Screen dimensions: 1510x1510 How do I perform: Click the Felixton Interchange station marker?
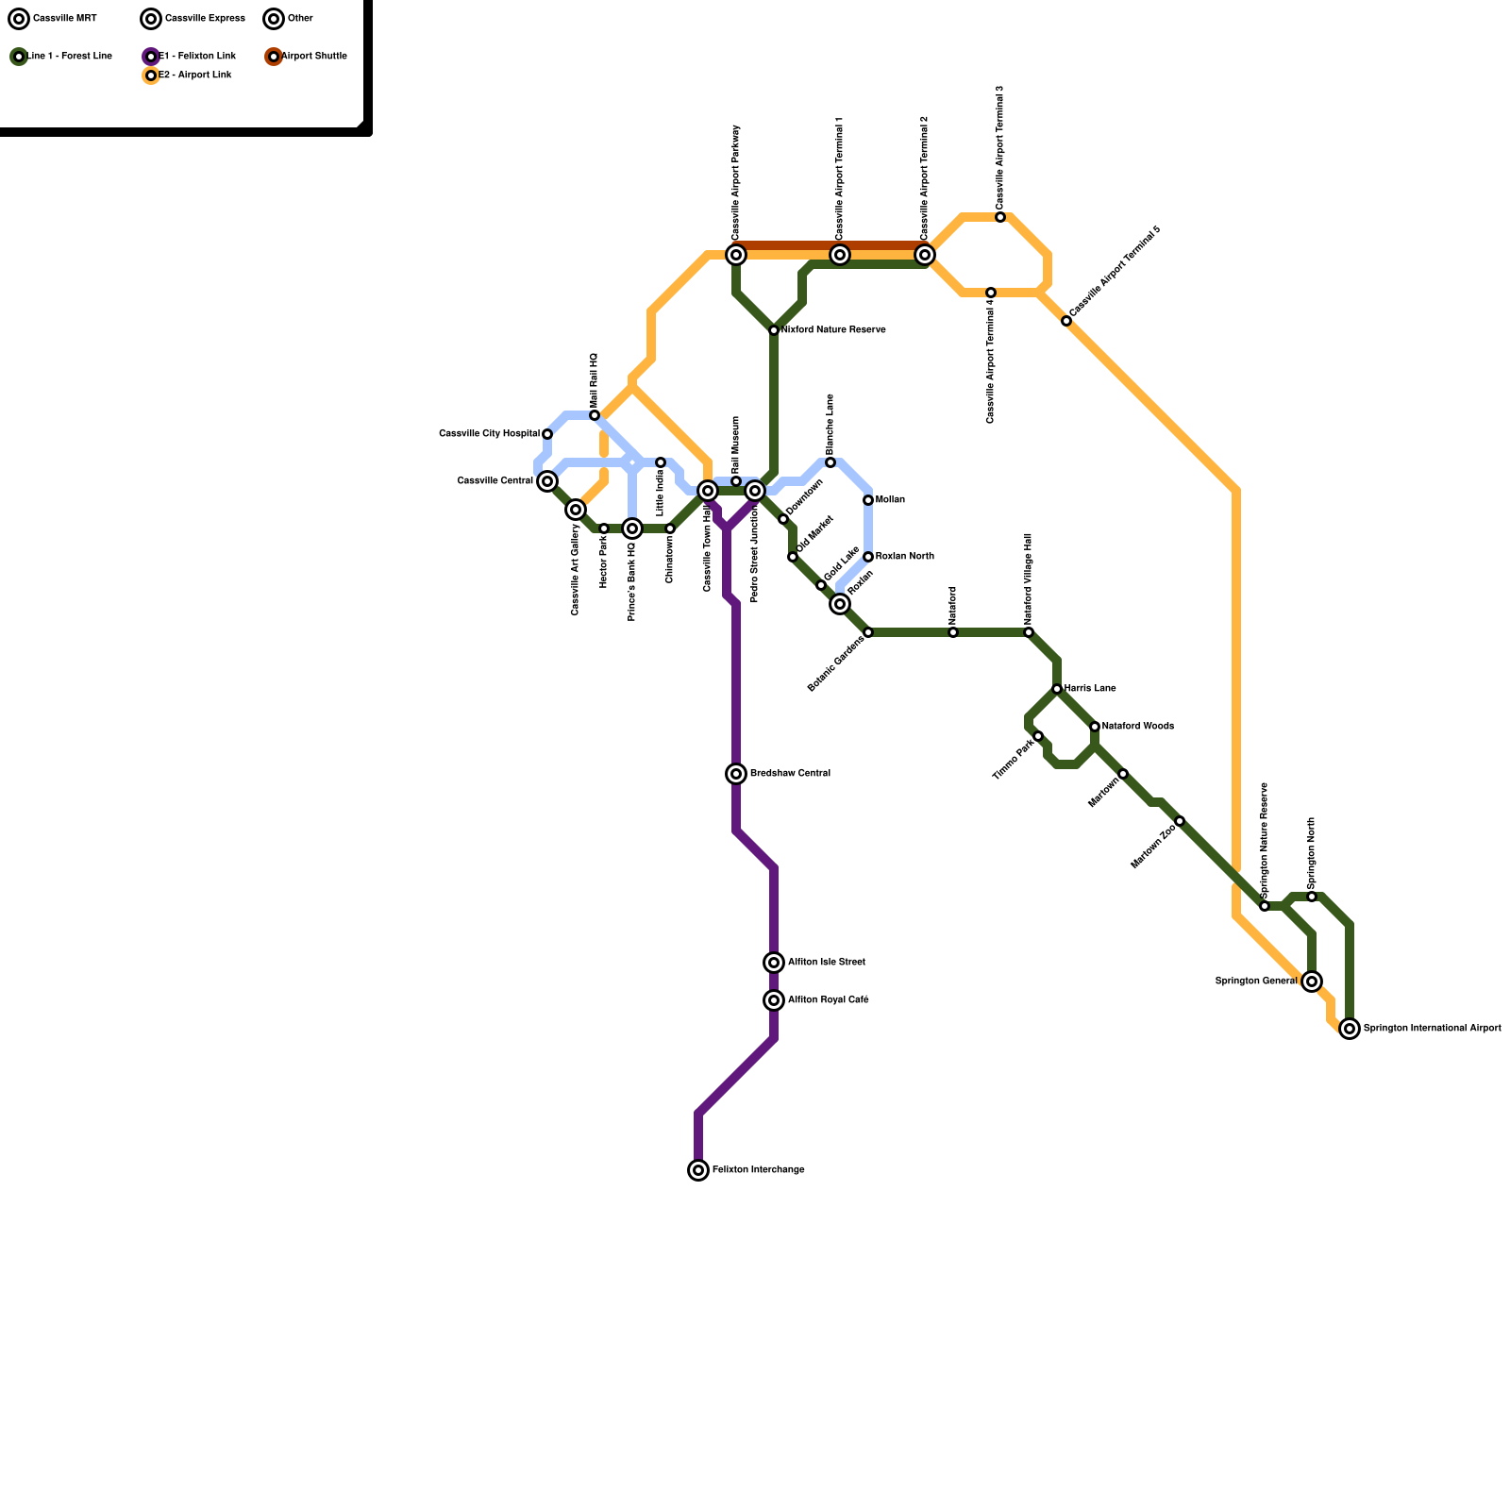click(x=698, y=1170)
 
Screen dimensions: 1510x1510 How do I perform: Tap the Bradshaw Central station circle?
click(x=736, y=774)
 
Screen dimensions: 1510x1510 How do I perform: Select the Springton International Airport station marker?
click(x=1350, y=1029)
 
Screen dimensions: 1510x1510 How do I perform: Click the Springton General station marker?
click(x=1312, y=981)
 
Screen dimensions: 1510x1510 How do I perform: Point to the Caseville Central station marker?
click(x=547, y=481)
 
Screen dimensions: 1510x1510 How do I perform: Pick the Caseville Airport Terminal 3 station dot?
click(x=1000, y=217)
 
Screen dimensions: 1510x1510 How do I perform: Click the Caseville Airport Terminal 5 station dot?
click(x=1066, y=321)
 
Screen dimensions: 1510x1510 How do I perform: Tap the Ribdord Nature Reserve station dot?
click(x=774, y=330)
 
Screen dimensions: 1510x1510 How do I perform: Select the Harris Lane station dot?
click(x=1057, y=689)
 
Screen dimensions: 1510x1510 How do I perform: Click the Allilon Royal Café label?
click(x=829, y=1000)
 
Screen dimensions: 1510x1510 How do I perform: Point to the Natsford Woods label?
click(x=1138, y=727)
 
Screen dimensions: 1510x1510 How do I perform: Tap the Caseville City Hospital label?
click(x=489, y=434)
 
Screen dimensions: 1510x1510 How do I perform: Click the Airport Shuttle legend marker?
click(x=274, y=57)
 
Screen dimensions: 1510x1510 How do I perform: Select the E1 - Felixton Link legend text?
click(x=197, y=57)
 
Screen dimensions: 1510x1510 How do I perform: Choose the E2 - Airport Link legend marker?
click(x=151, y=75)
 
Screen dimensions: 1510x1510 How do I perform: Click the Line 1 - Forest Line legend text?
click(x=70, y=57)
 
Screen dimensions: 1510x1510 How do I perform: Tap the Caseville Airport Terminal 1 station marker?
click(x=840, y=255)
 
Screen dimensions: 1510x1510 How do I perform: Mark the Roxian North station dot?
click(x=868, y=557)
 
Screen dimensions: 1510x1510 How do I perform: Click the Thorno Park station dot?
click(x=1038, y=736)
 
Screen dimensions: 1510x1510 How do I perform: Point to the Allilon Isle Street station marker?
click(x=774, y=963)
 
